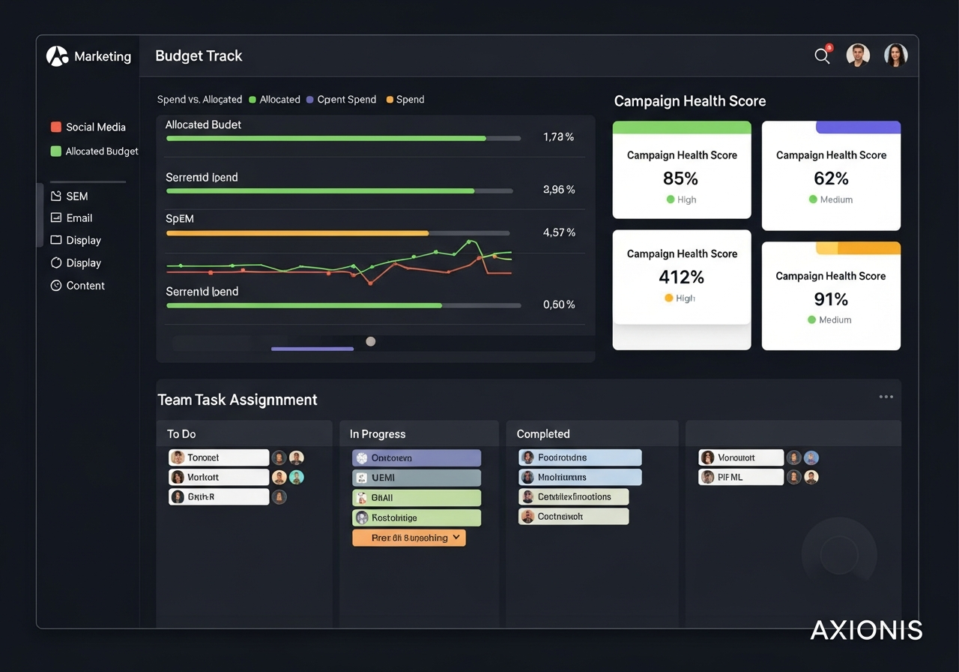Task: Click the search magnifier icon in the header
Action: click(822, 56)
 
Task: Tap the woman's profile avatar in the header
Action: click(895, 55)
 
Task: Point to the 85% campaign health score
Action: click(680, 178)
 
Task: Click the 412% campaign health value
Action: click(681, 277)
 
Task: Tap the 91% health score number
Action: click(831, 299)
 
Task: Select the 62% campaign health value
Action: click(831, 178)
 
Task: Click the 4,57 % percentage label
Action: click(559, 232)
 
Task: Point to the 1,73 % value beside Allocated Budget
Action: click(558, 137)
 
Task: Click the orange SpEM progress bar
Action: click(297, 233)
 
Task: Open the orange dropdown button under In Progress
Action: click(409, 538)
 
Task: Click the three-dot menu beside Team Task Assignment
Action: click(886, 397)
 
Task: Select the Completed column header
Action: click(543, 434)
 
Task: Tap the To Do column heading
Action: click(181, 434)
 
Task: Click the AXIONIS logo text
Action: click(866, 630)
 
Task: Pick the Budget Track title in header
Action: click(199, 56)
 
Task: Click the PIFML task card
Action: click(740, 477)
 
